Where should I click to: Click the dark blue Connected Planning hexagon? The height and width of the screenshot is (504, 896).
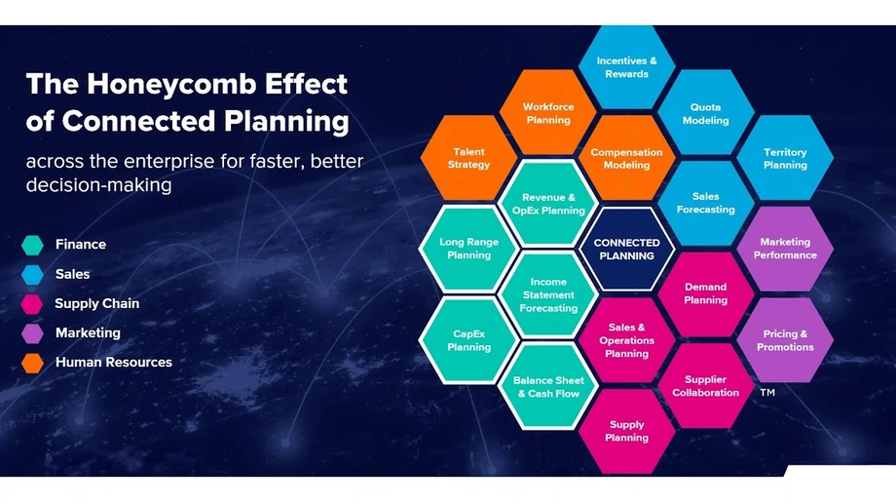coord(627,249)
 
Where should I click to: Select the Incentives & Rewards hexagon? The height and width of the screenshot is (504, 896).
coord(627,67)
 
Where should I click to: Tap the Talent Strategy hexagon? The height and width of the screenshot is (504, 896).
coord(468,158)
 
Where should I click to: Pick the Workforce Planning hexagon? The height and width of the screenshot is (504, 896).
coord(548,113)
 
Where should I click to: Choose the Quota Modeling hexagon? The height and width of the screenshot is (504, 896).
coord(706,113)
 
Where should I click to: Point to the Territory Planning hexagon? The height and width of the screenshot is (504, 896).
coord(785,158)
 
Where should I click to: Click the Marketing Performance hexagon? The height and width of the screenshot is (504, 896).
coord(785,249)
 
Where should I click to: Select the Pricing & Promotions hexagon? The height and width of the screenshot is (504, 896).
coord(785,340)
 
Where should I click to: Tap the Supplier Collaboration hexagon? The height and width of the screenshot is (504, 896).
coord(706,386)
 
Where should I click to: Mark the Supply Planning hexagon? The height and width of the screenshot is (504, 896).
coord(627,431)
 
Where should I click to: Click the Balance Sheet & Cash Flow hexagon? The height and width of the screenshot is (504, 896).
coord(548,386)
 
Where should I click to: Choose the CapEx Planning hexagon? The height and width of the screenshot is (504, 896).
coord(468,340)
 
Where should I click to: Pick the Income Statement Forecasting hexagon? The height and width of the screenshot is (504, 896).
coord(548,294)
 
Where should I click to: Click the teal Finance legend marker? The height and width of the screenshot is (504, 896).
coord(32,245)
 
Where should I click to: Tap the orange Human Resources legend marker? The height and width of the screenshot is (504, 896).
coord(32,363)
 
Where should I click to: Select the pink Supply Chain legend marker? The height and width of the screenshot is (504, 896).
coord(32,304)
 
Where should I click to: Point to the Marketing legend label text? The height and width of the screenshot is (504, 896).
coord(88,333)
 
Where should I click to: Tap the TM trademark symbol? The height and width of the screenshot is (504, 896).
coord(767,393)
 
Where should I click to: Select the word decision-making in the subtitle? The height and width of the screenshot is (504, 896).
coord(99,185)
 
